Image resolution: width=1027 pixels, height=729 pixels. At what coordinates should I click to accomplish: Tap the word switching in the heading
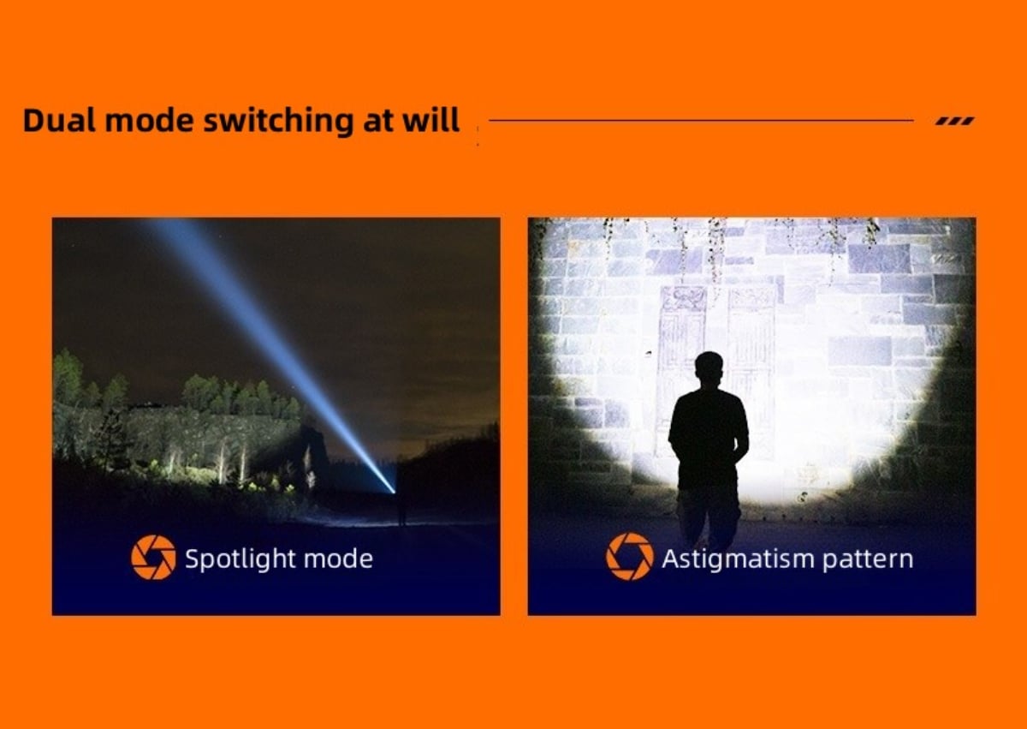click(278, 121)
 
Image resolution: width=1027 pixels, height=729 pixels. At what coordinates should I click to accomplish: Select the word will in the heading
click(430, 120)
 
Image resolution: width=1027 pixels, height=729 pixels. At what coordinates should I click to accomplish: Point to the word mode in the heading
click(150, 120)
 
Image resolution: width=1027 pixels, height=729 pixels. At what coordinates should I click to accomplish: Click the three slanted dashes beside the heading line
click(955, 121)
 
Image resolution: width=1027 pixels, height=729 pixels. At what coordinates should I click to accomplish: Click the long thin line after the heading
click(701, 121)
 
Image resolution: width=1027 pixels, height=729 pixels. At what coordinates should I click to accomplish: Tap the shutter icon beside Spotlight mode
click(153, 557)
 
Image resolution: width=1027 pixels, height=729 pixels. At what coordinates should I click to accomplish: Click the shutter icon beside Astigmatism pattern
click(630, 556)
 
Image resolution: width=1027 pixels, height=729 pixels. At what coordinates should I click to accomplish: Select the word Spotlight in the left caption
click(240, 559)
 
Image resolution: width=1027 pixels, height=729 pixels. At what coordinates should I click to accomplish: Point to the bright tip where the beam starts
click(393, 492)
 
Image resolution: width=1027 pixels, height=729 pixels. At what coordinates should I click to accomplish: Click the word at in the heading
click(377, 121)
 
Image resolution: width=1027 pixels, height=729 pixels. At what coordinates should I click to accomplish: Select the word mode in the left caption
click(338, 559)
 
